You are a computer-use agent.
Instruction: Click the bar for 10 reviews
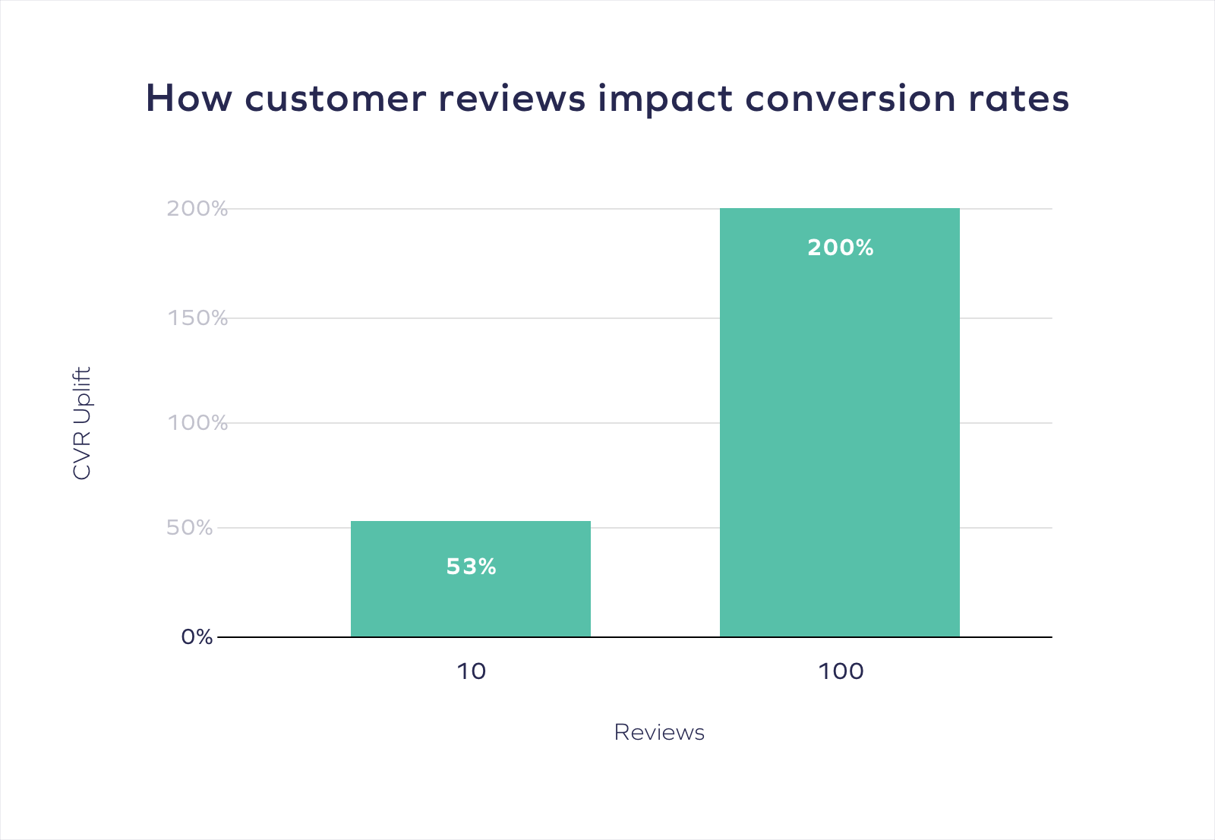[470, 600]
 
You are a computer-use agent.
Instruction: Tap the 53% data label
[471, 567]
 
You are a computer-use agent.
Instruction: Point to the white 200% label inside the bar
[840, 248]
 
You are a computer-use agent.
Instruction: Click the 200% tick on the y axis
[197, 209]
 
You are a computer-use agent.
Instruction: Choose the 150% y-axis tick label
[197, 318]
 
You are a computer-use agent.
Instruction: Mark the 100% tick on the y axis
[197, 423]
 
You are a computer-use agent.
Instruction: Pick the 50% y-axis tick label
[190, 528]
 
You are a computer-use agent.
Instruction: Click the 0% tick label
[197, 637]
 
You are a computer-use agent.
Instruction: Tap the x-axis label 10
[471, 671]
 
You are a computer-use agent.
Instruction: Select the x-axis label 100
[841, 671]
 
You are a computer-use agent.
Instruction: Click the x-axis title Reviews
[659, 732]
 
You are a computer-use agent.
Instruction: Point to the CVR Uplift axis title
[82, 423]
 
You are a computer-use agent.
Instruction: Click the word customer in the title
[335, 99]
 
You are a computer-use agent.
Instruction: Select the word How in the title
[188, 99]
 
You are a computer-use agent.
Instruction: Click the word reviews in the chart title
[512, 99]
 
